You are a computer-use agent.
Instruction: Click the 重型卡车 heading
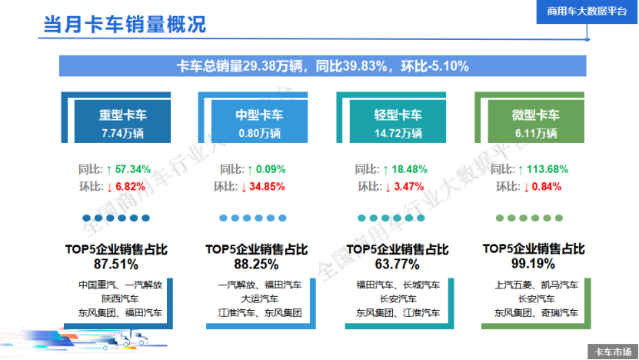pos(122,115)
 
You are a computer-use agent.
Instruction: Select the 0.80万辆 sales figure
pos(259,133)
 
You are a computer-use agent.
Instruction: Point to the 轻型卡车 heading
pos(398,115)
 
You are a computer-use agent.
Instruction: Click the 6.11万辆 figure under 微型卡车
pos(535,133)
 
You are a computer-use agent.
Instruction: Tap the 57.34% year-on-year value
pos(132,168)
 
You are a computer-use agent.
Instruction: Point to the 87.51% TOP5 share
pos(115,264)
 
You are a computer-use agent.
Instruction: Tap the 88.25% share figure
pos(256,264)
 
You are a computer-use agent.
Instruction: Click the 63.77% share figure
pos(397,264)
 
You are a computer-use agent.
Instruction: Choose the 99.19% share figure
pos(533,264)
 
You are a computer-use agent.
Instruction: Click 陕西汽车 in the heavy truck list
pos(119,298)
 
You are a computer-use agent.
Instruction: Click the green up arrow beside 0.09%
pos(250,168)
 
